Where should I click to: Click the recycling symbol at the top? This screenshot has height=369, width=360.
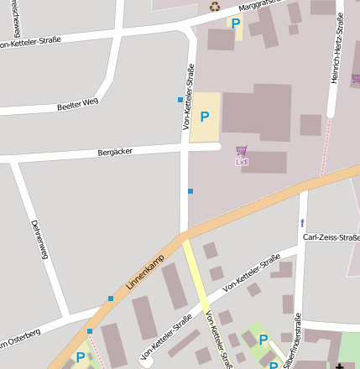[214, 7]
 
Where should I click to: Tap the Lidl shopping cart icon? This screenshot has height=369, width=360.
[242, 150]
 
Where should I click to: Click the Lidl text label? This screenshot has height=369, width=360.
[242, 161]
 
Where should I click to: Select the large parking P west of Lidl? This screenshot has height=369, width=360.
[204, 117]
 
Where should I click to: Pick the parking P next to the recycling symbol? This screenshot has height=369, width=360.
[236, 24]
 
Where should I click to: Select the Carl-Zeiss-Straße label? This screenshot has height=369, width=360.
[331, 237]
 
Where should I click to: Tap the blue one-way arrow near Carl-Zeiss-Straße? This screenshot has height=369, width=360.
[302, 223]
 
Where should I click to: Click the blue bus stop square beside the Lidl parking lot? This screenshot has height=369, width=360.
[180, 100]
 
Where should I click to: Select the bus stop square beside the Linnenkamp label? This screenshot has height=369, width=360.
[110, 298]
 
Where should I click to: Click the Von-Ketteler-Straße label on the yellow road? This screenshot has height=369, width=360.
[217, 340]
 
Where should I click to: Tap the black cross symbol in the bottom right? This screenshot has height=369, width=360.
[340, 366]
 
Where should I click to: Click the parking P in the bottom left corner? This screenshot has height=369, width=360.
[81, 356]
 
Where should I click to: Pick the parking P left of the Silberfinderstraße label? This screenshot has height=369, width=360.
[263, 340]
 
